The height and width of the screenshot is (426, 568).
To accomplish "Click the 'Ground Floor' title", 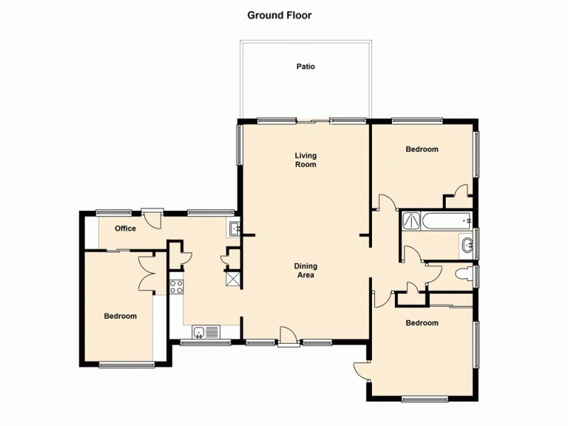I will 279,14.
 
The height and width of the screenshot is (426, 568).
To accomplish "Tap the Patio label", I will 305,67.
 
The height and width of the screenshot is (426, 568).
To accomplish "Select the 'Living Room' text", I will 306,160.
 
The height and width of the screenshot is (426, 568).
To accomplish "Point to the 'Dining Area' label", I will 305,271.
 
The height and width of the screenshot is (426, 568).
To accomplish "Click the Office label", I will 126,229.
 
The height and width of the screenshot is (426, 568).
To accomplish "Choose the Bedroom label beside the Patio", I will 422,149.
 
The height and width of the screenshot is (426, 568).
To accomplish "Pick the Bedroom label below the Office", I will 120,316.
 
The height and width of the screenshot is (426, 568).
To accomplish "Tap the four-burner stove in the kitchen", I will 177,287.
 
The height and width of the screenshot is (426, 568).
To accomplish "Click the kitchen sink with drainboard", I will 207,332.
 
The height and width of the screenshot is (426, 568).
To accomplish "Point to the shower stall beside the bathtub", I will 411,222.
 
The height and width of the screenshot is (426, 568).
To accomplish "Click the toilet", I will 462,275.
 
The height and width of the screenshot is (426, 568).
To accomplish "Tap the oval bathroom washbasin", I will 467,246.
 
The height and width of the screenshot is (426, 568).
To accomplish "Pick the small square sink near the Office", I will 234,229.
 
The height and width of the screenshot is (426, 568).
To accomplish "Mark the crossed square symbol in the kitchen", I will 232,278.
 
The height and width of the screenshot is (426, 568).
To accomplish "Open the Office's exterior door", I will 151,217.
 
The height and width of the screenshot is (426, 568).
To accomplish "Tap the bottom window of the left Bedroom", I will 127,365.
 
